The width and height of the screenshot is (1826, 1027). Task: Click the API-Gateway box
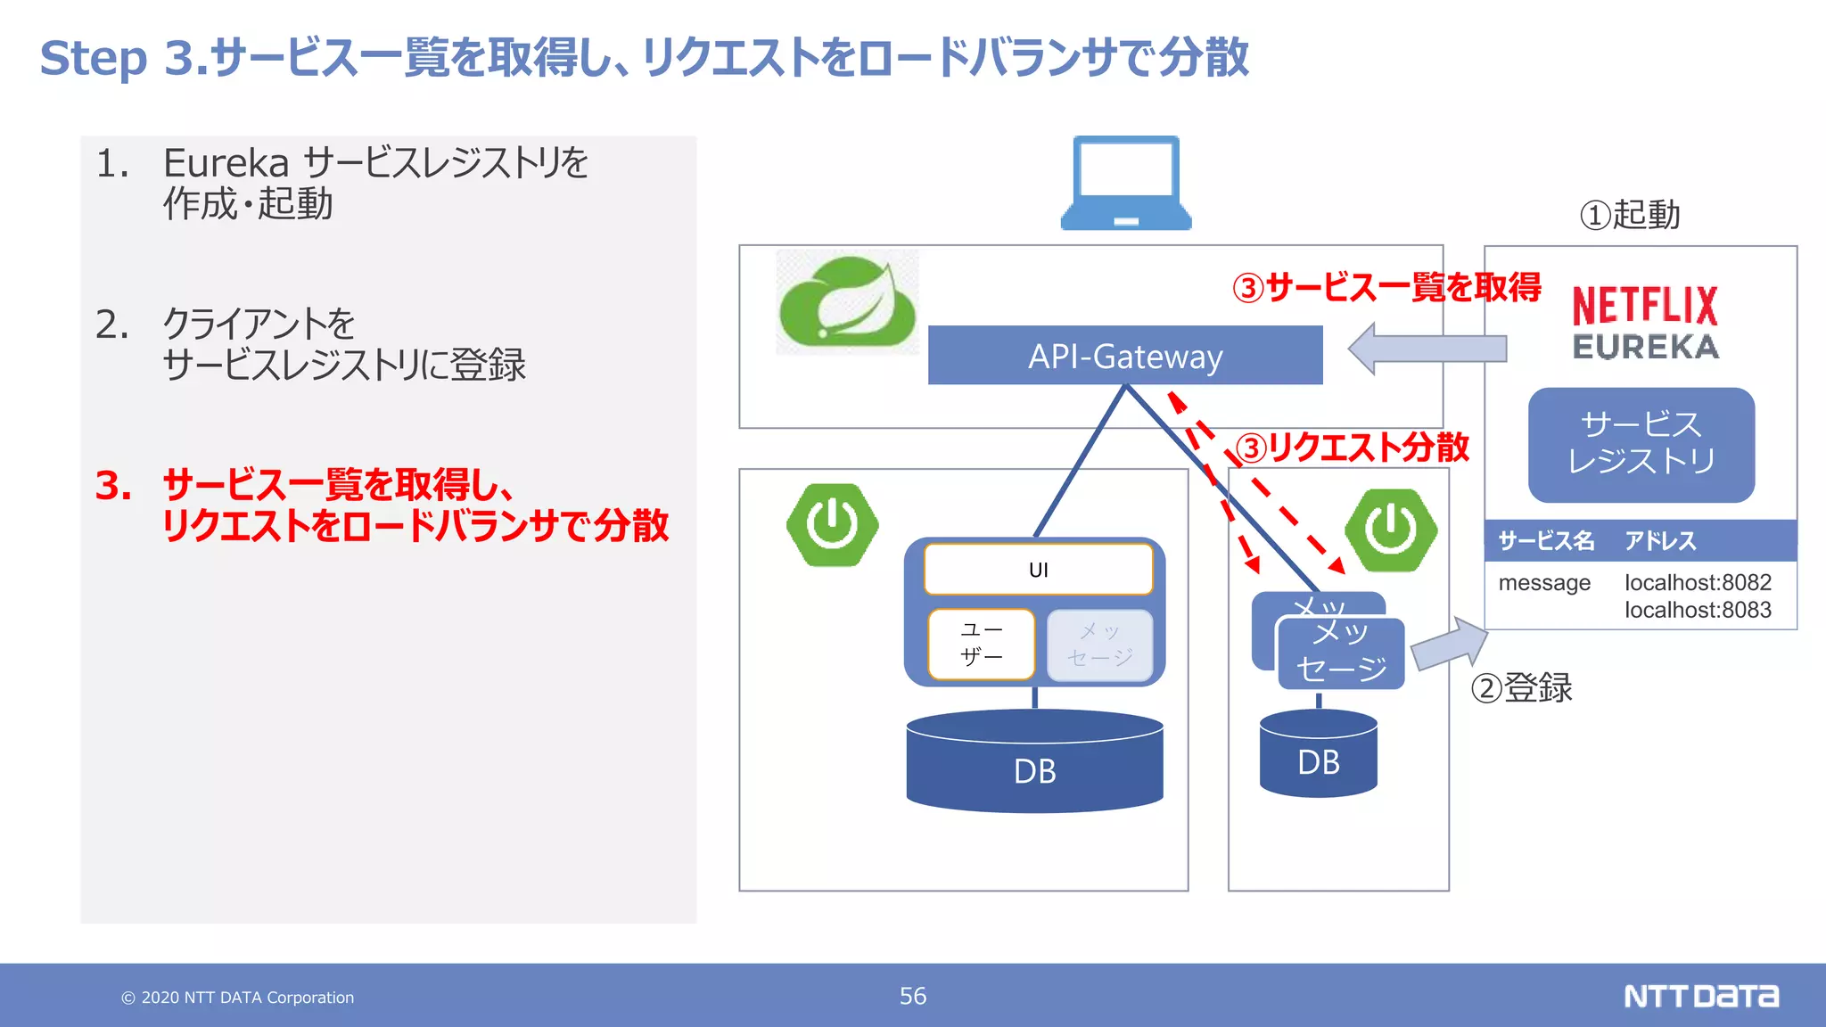coord(1125,355)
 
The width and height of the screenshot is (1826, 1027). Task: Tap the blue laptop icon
coord(1126,184)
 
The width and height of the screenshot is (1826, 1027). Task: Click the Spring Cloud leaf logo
coord(847,302)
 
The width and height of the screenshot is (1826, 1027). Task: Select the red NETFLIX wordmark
coord(1645,306)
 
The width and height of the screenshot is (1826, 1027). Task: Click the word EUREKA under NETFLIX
coord(1645,347)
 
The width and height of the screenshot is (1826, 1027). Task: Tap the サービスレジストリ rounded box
coord(1641,444)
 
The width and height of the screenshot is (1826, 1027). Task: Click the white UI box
coord(1038,570)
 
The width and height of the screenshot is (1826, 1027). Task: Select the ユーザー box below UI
coord(981,644)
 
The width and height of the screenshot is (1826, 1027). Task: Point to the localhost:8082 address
coord(1698,582)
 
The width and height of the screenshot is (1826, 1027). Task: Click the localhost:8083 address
coord(1698,610)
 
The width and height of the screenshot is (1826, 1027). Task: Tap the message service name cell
coord(1544,583)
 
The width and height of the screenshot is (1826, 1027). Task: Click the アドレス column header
coord(1660,540)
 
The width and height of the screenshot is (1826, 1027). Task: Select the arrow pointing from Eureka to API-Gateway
coord(1427,349)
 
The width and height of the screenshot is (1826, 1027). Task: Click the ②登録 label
coord(1521,688)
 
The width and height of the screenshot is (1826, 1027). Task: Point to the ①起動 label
coord(1630,215)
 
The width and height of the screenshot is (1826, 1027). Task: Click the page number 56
coord(912,996)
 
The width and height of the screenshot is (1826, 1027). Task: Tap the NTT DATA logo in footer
coord(1700,996)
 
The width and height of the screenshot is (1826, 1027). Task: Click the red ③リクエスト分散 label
coord(1353,448)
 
